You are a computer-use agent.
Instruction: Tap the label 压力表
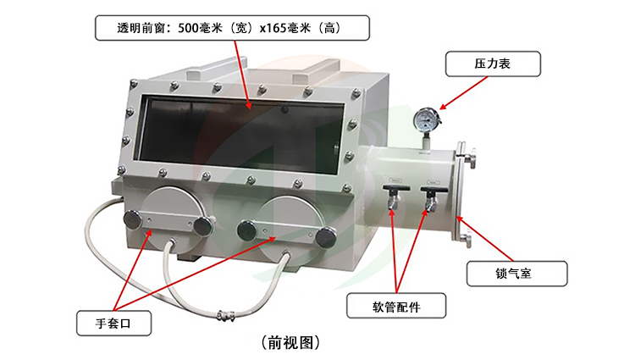(x=492, y=64)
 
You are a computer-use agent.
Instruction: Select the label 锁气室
(x=516, y=273)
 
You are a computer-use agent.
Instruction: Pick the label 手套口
(x=113, y=322)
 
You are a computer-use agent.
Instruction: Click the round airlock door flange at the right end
(x=464, y=196)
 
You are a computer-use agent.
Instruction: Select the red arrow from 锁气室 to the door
(x=489, y=242)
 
